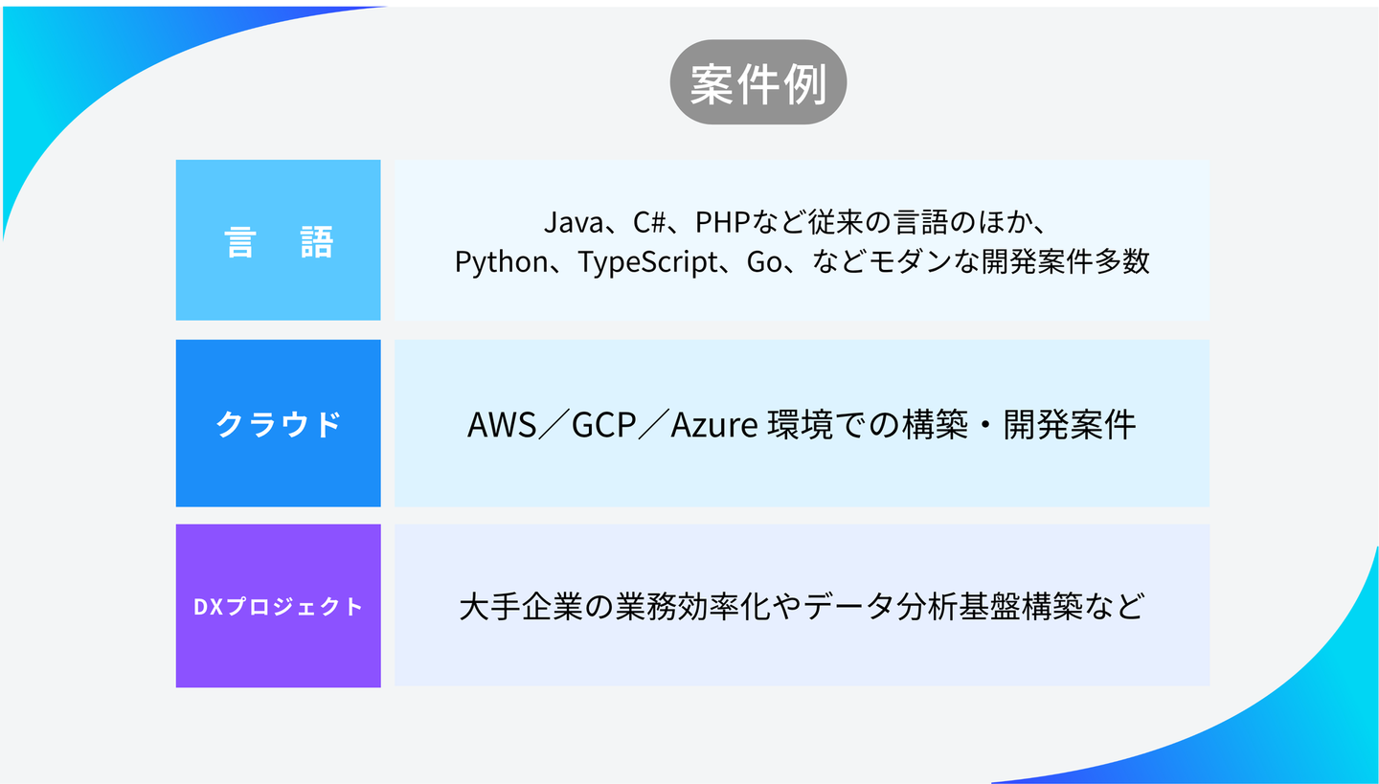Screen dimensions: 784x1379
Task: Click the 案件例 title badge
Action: [757, 82]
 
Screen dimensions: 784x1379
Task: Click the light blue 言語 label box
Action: [278, 240]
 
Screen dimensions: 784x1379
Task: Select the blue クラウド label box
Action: [278, 423]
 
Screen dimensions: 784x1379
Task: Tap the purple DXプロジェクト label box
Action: [278, 606]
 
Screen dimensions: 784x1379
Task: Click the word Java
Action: [571, 223]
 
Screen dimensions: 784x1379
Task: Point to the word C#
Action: [649, 223]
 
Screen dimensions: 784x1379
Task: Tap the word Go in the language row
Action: [764, 261]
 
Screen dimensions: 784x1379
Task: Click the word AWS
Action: [502, 424]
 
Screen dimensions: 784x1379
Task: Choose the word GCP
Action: [604, 424]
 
